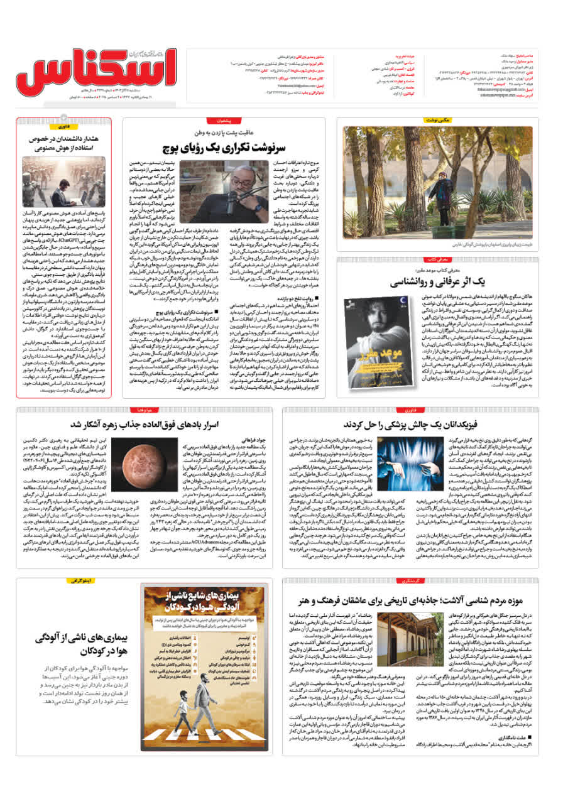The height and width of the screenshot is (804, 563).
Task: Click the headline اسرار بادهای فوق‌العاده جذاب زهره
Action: [x=145, y=425]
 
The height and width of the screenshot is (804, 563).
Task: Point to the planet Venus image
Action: [x=134, y=459]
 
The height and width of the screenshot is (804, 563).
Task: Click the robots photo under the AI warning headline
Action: [x=63, y=182]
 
